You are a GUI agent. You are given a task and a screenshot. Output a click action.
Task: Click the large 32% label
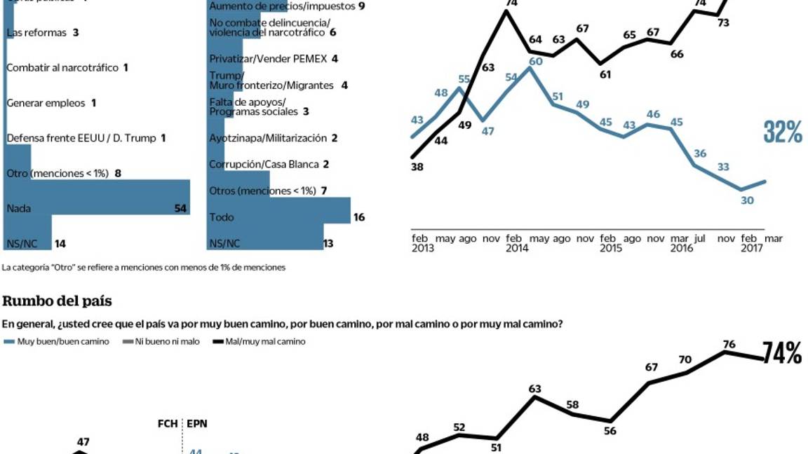pyautogui.click(x=783, y=132)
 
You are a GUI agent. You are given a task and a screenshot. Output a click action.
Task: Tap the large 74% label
pyautogui.click(x=782, y=355)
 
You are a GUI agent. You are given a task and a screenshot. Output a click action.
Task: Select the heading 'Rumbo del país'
pyautogui.click(x=57, y=301)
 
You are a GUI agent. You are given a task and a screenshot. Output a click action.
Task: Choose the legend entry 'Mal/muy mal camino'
pyautogui.click(x=259, y=341)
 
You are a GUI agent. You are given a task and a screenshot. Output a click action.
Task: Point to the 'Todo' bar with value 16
pyautogui.click(x=279, y=211)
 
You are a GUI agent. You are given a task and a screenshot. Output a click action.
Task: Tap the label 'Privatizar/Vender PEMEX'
pyautogui.click(x=268, y=59)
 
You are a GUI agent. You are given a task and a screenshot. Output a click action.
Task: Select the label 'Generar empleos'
pyautogui.click(x=46, y=103)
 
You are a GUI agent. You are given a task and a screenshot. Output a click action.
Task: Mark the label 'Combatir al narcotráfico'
pyautogui.click(x=62, y=68)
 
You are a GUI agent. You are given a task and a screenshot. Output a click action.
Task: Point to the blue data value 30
pyautogui.click(x=748, y=200)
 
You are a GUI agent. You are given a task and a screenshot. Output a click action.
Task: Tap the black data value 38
pyautogui.click(x=418, y=167)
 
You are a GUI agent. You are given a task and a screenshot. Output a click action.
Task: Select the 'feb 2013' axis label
pyautogui.click(x=422, y=243)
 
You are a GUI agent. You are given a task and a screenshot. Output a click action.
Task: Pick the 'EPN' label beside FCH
pyautogui.click(x=196, y=424)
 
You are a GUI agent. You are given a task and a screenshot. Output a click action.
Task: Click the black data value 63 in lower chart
pyautogui.click(x=535, y=389)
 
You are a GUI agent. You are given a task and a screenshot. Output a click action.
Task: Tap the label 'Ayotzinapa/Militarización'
pyautogui.click(x=267, y=138)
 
